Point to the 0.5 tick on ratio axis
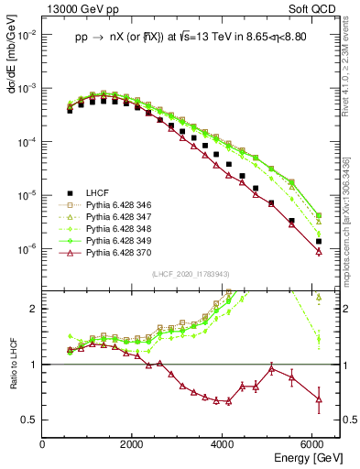tap(31, 420)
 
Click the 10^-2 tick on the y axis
tap(27, 35)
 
